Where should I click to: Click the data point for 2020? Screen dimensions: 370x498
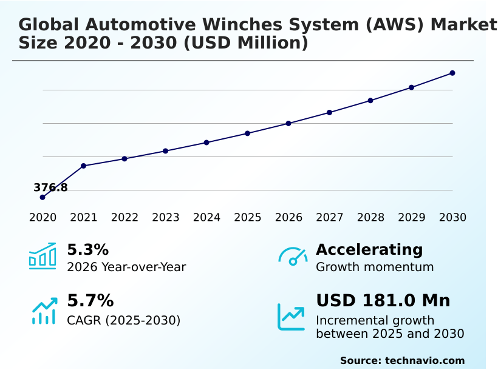point(43,197)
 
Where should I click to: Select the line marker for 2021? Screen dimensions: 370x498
point(83,166)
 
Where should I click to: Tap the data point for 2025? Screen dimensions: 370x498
point(247,133)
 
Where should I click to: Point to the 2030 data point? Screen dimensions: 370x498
point(452,73)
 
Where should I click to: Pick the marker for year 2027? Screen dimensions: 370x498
point(329,112)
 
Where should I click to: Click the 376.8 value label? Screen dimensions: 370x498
point(50,187)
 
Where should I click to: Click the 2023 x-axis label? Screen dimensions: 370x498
point(165,218)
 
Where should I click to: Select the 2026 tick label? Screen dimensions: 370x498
point(288,218)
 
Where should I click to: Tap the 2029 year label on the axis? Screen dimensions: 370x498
point(411,218)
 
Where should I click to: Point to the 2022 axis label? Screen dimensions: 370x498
point(124,218)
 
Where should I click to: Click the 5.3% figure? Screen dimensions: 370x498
point(87,250)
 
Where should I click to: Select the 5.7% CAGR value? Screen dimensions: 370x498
point(90,301)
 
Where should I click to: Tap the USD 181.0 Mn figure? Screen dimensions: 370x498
point(383,301)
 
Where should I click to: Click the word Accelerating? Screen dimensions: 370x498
point(369,250)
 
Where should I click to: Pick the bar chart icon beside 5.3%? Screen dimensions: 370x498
point(43,256)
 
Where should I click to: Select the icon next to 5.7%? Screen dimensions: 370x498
point(44,311)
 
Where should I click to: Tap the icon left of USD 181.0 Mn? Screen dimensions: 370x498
point(292,316)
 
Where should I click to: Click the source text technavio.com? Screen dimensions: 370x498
point(425,360)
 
